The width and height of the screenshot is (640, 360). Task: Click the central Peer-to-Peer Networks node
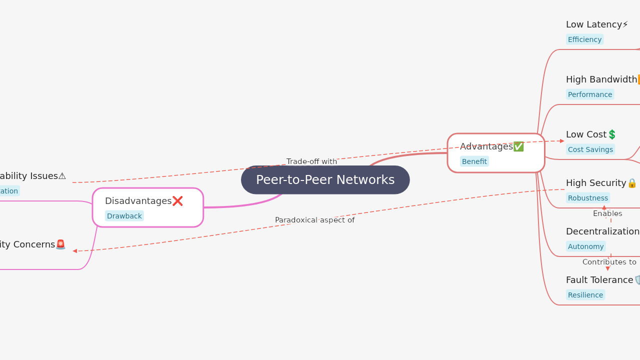click(x=325, y=180)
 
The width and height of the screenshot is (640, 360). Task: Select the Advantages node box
click(x=495, y=153)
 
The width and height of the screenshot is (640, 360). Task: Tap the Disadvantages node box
click(x=147, y=207)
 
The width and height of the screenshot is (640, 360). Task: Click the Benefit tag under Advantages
click(x=474, y=161)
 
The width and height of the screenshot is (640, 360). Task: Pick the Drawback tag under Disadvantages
click(x=124, y=216)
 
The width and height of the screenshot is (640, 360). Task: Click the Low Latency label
click(x=593, y=24)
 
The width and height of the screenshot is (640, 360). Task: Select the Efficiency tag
click(x=584, y=39)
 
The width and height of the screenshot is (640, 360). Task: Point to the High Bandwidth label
click(x=601, y=79)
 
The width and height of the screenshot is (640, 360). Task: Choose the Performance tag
click(x=589, y=94)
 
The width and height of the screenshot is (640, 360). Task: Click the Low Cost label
click(x=586, y=134)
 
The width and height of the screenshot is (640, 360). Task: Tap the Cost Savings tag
click(x=590, y=149)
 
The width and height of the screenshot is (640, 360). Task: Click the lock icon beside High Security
click(x=632, y=183)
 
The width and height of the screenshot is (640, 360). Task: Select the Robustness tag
click(x=587, y=198)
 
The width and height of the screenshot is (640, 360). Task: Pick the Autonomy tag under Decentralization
click(x=585, y=246)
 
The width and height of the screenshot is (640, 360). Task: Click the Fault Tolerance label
click(x=599, y=280)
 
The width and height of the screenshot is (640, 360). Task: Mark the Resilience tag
click(x=585, y=295)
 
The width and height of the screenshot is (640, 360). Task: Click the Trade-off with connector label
click(x=311, y=161)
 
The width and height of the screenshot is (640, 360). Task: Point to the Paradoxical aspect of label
click(x=314, y=220)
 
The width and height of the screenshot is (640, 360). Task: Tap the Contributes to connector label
click(x=609, y=262)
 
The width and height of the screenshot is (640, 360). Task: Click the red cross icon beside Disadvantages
click(x=177, y=201)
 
